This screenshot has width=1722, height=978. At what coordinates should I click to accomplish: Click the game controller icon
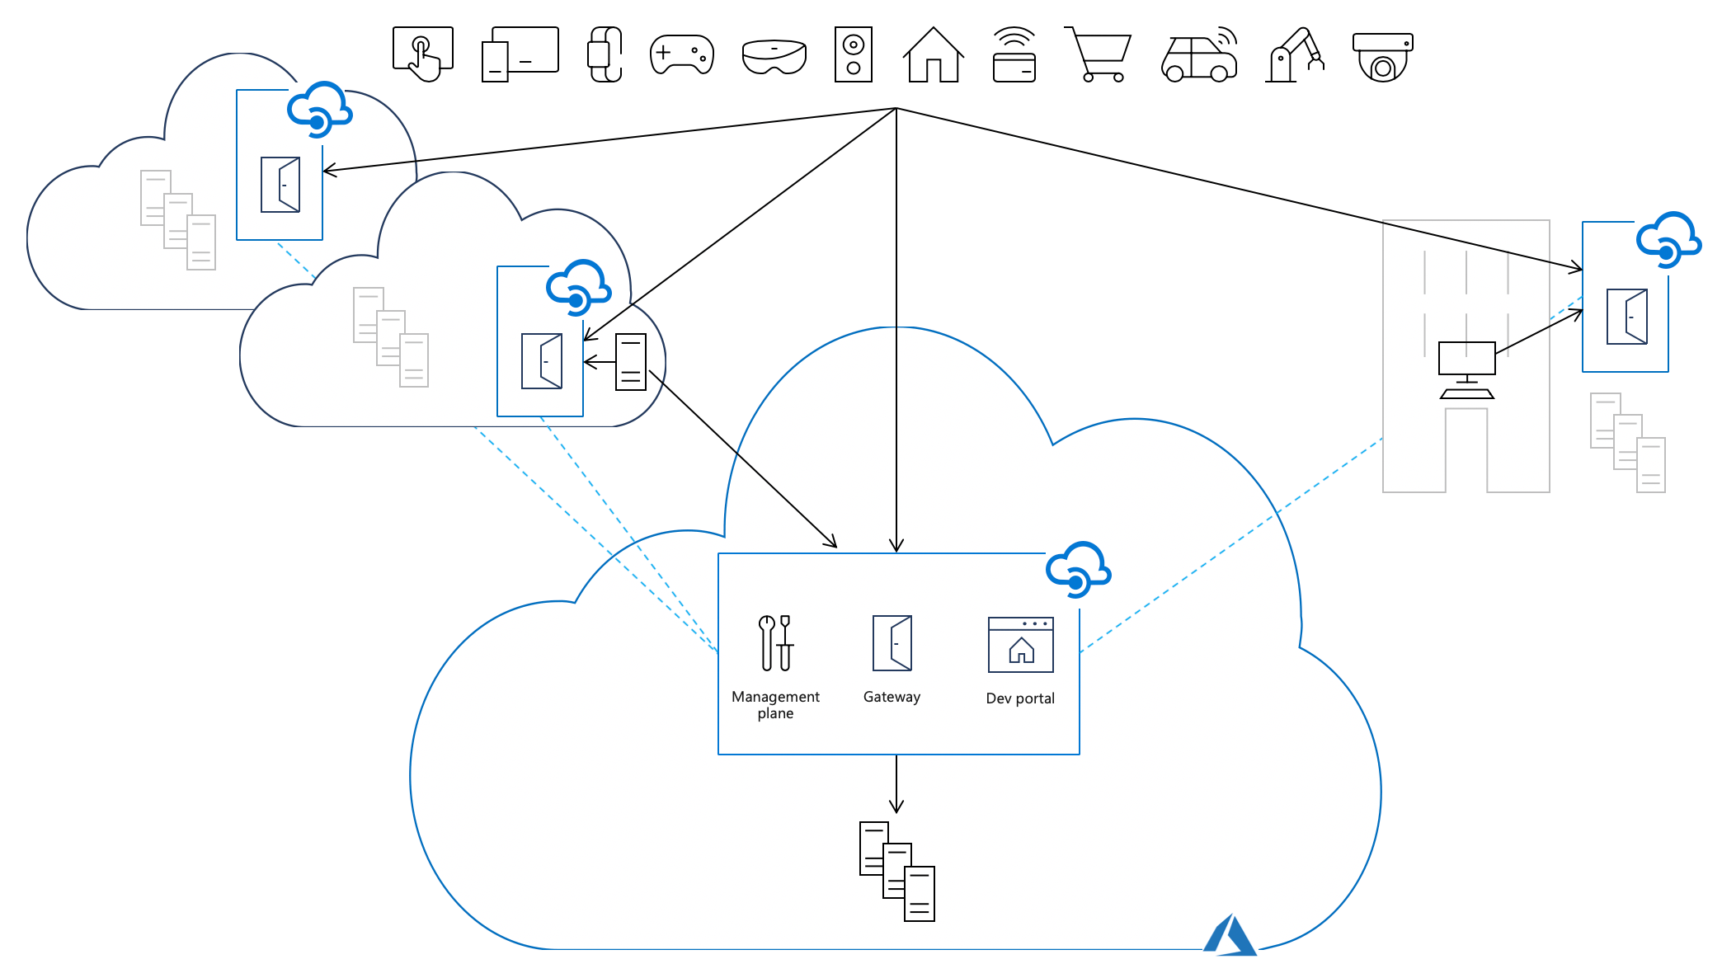(681, 54)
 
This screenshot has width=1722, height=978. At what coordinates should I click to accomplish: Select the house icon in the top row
(933, 55)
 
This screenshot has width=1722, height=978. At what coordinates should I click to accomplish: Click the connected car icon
(1200, 56)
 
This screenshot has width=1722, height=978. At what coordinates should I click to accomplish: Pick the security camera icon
(1383, 57)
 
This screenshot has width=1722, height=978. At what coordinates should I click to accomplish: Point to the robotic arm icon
(1295, 56)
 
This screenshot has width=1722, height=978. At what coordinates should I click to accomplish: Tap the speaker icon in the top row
(854, 54)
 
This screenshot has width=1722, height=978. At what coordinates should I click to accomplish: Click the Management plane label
(775, 705)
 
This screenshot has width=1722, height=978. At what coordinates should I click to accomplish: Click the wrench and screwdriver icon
(776, 642)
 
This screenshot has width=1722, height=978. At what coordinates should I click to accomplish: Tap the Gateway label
(892, 697)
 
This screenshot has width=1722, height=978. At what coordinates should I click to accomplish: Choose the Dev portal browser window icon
(1020, 645)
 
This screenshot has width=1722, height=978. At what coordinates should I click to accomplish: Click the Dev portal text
(1020, 698)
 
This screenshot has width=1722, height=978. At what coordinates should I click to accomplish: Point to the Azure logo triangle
(1230, 937)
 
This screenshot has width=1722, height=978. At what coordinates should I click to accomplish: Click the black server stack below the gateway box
(896, 871)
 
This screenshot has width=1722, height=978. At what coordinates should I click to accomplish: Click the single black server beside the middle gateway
(631, 361)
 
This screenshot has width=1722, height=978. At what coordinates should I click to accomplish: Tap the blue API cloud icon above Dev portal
(1077, 569)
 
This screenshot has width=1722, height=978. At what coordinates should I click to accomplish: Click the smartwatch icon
(605, 54)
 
